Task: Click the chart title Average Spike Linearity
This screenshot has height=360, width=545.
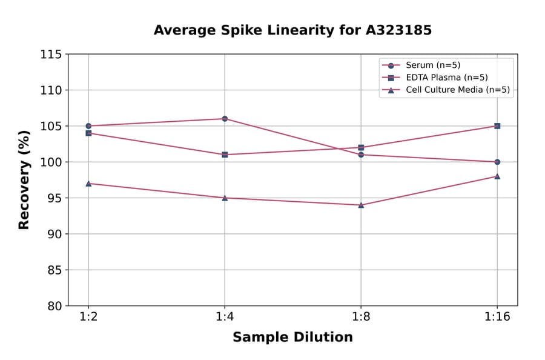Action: [x=292, y=30]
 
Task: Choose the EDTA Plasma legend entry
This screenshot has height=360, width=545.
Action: [x=446, y=78]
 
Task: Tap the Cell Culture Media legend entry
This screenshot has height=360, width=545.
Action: [x=457, y=90]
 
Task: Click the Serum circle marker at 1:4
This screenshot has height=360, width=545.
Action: [x=225, y=119]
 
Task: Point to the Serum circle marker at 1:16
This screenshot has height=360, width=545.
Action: [x=497, y=162]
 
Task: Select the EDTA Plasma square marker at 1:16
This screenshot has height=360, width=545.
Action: [x=497, y=126]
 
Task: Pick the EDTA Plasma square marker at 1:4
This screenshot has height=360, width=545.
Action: [x=225, y=155]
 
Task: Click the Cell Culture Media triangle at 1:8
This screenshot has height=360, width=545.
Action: [x=361, y=205]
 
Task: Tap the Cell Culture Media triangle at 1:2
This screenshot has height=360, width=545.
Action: [x=88, y=183]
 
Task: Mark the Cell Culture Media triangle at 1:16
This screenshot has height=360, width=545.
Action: [x=497, y=176]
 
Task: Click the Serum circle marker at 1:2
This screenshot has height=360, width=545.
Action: [x=88, y=126]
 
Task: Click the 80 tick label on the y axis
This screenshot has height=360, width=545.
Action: [x=53, y=306]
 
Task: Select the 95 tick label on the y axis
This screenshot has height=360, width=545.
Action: [x=53, y=198]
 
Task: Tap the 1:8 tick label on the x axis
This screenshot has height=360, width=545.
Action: [x=361, y=318]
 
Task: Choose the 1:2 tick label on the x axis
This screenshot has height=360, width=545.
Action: [x=88, y=318]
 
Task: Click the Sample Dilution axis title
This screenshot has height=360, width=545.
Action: [x=292, y=338]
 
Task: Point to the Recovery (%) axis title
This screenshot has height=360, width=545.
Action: [x=24, y=179]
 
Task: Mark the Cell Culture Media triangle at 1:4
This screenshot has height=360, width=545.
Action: [x=225, y=198]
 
